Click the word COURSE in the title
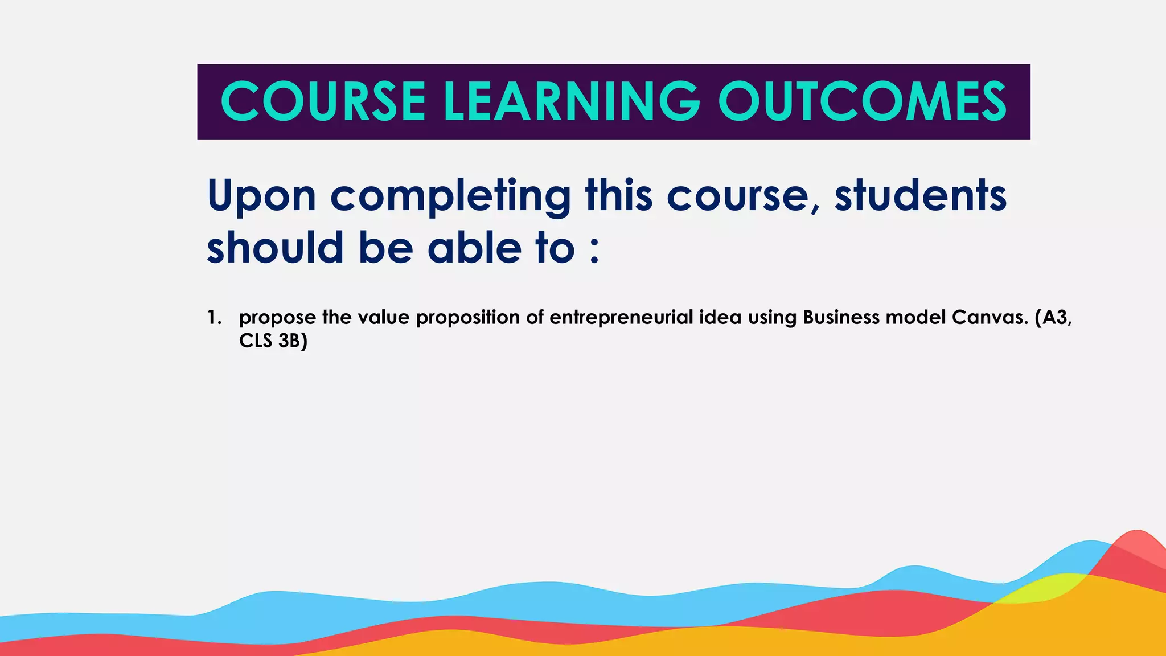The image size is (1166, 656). pyautogui.click(x=323, y=101)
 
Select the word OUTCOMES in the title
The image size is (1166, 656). pyautogui.click(x=862, y=101)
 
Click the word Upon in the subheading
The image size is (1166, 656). pyautogui.click(x=261, y=196)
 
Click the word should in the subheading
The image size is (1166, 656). pyautogui.click(x=275, y=248)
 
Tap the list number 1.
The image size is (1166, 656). pyautogui.click(x=214, y=318)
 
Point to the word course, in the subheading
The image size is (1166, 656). pyautogui.click(x=743, y=196)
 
